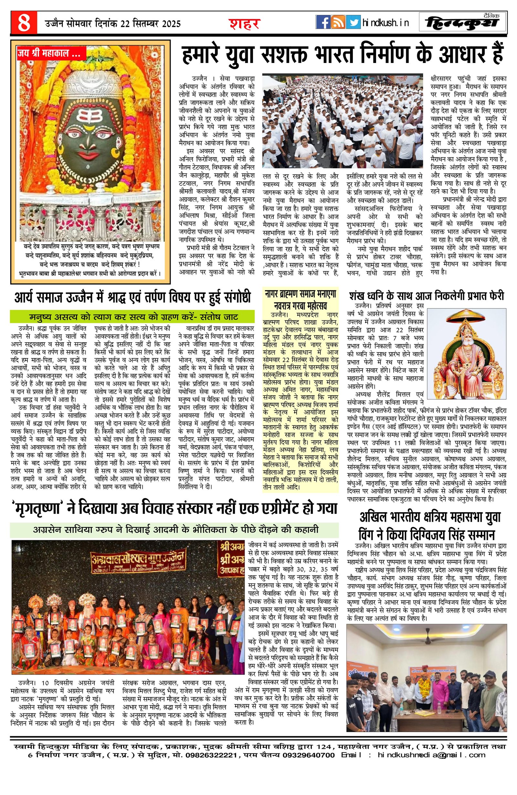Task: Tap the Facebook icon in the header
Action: (323, 22)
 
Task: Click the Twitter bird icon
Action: (353, 22)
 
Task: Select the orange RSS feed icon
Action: (338, 22)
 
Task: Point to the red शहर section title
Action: (244, 23)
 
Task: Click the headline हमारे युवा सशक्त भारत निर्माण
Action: (342, 56)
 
